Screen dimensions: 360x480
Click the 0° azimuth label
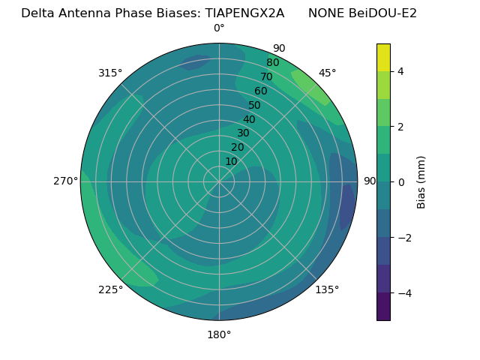coord(219,28)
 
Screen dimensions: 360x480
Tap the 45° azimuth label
coord(327,73)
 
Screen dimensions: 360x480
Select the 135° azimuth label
coord(327,289)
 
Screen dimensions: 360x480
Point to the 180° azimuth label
coord(219,334)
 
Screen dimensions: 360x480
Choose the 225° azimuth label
coord(110,289)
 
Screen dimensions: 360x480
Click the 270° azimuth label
coord(65,181)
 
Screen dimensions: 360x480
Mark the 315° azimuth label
coord(110,73)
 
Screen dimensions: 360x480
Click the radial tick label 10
coord(231,161)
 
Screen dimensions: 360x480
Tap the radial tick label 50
coord(254,106)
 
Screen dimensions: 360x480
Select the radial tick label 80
coord(272,63)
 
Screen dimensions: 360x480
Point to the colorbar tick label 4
coord(401,71)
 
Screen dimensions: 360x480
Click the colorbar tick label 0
coord(401,182)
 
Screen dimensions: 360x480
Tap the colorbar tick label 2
coord(401,127)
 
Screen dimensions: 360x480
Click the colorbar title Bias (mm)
coord(421,182)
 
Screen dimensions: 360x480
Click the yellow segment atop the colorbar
coord(383,57)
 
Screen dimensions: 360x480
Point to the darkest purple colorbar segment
coord(383,307)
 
